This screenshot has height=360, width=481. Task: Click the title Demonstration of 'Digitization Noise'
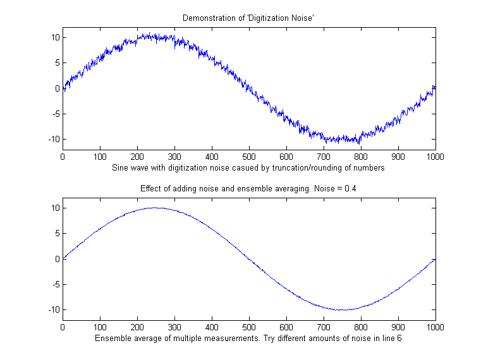point(248,18)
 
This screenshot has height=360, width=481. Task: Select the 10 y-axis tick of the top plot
point(55,37)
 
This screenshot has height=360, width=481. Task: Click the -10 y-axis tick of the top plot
point(53,139)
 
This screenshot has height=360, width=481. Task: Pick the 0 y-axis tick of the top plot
point(57,88)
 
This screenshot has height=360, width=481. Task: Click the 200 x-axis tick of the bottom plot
point(137,327)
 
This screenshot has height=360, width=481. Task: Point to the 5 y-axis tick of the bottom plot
point(57,234)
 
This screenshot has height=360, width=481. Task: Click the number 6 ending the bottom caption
point(399,339)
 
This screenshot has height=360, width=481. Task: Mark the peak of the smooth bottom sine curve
point(155,207)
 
